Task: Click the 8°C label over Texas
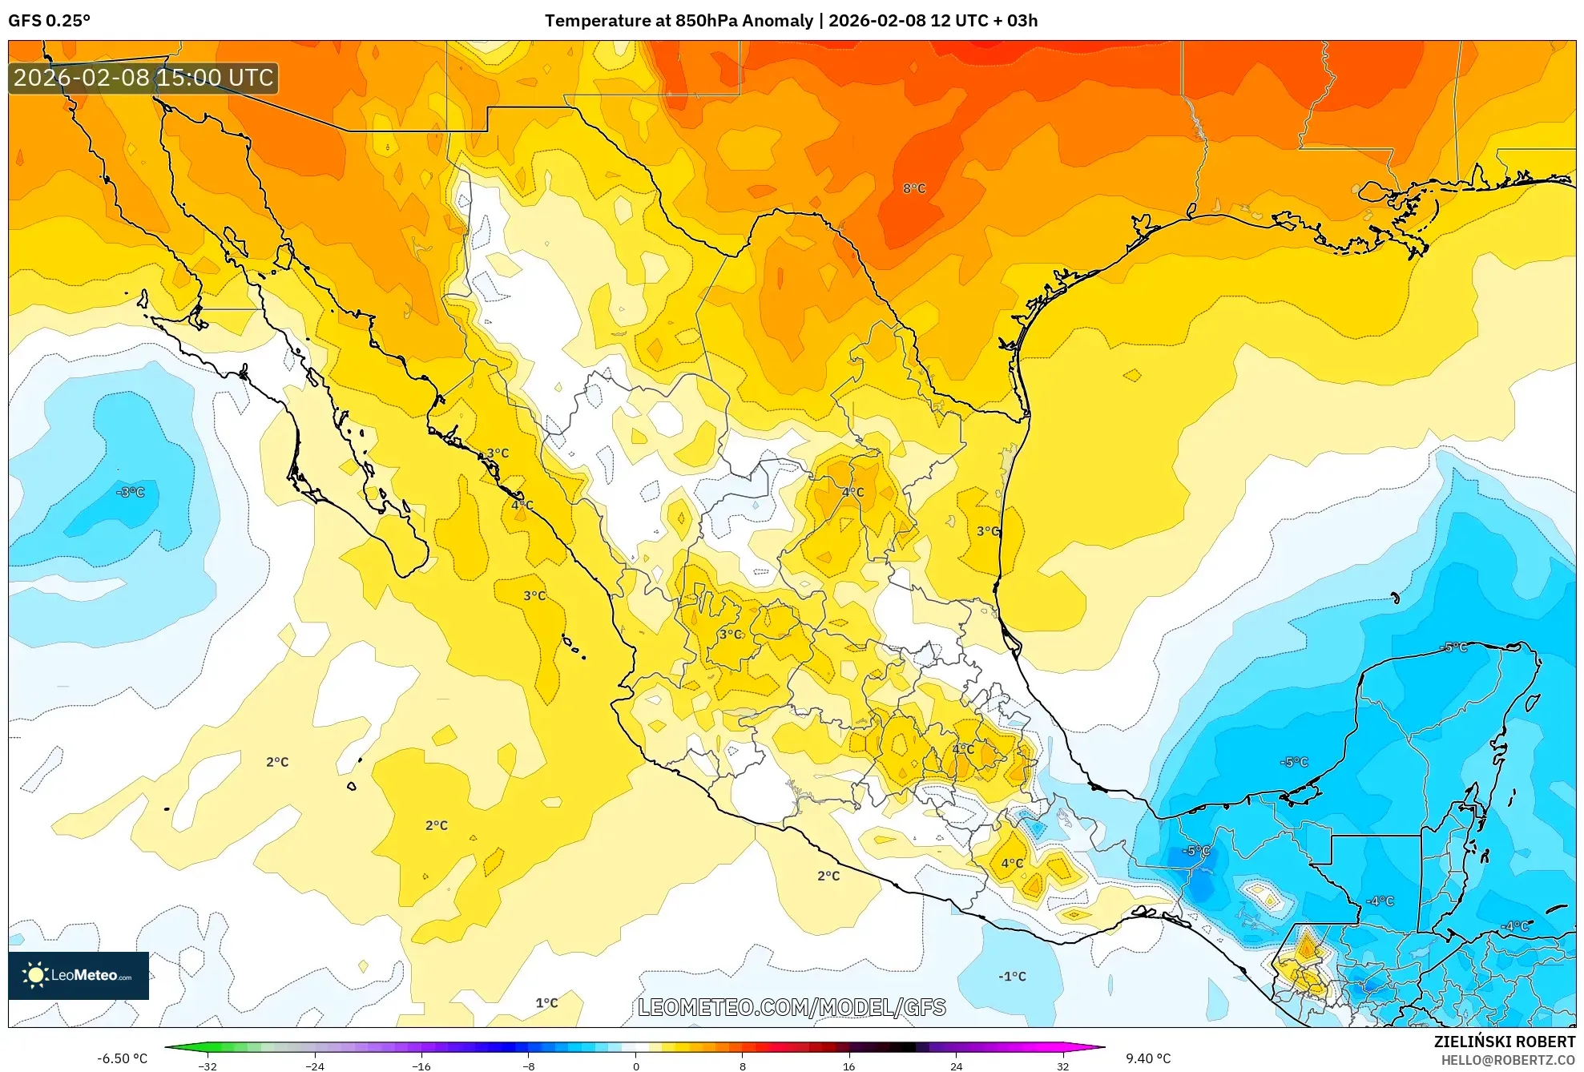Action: click(x=914, y=188)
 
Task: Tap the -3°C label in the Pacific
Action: click(x=131, y=492)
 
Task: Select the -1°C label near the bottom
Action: click(x=1012, y=976)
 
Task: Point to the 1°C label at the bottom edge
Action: click(x=546, y=1002)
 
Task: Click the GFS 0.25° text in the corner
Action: click(x=50, y=21)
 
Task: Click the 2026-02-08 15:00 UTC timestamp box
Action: click(x=143, y=79)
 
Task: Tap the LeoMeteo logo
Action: click(x=79, y=975)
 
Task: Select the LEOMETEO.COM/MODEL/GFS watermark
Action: click(x=792, y=1007)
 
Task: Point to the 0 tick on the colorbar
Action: click(x=635, y=1066)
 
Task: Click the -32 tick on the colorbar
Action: click(x=208, y=1066)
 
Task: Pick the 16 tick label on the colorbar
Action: click(x=849, y=1066)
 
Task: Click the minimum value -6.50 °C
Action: click(x=123, y=1058)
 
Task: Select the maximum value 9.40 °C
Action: click(x=1148, y=1058)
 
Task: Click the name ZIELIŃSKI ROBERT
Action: click(x=1504, y=1042)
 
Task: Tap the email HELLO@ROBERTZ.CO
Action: click(x=1508, y=1060)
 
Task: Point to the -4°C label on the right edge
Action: click(x=1515, y=926)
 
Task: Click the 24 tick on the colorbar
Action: click(x=956, y=1066)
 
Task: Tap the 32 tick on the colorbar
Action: click(x=1062, y=1066)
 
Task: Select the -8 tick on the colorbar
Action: click(x=529, y=1066)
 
